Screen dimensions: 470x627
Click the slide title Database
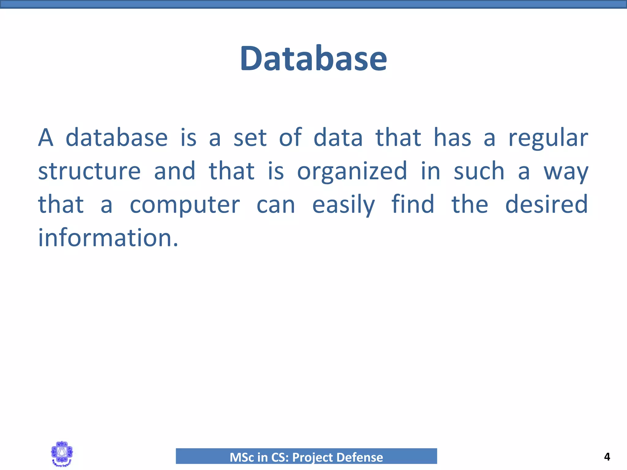(x=313, y=58)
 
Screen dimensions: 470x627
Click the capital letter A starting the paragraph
(x=46, y=138)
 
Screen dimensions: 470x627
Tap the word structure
(x=89, y=171)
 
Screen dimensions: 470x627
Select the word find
(x=413, y=204)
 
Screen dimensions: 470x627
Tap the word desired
(x=546, y=204)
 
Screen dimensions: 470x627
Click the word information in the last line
(x=108, y=238)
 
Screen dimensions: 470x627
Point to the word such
(x=479, y=171)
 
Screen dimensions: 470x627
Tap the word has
(x=452, y=138)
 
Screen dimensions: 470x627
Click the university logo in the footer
(x=62, y=454)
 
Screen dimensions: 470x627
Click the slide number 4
(x=607, y=457)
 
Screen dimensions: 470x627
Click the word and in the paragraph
(x=175, y=171)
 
